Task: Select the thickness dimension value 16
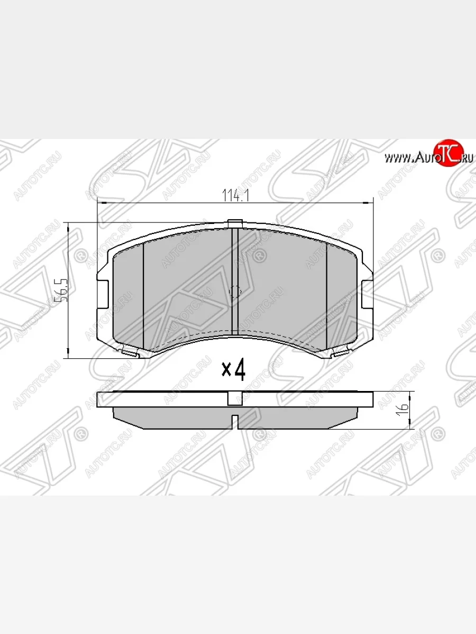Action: pyautogui.click(x=403, y=407)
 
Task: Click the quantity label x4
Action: pyautogui.click(x=233, y=370)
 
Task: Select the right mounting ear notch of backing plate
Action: pyautogui.click(x=367, y=291)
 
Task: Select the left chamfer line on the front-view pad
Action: pyautogui.click(x=144, y=296)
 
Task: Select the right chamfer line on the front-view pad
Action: pyautogui.click(x=327, y=296)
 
